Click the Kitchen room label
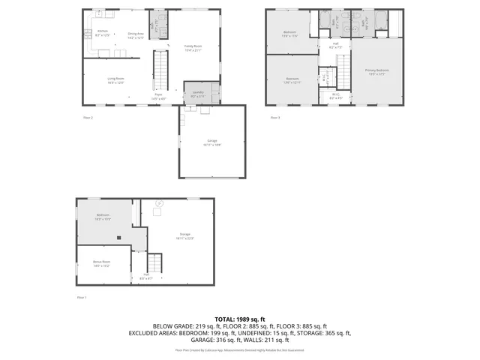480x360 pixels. click(103, 32)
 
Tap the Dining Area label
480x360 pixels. click(135, 34)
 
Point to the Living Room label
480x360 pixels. click(115, 80)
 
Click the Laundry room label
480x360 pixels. click(196, 94)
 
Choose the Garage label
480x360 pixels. click(211, 142)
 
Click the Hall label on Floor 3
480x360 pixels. click(335, 45)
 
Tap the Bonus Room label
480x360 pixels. click(102, 264)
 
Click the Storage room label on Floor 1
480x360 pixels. click(185, 236)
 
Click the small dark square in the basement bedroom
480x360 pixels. click(118, 238)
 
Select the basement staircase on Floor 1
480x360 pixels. click(154, 264)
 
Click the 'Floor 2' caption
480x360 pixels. click(88, 118)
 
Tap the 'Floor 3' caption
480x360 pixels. click(274, 118)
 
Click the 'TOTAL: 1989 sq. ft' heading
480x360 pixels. click(240, 319)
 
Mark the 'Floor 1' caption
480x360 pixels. click(82, 298)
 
